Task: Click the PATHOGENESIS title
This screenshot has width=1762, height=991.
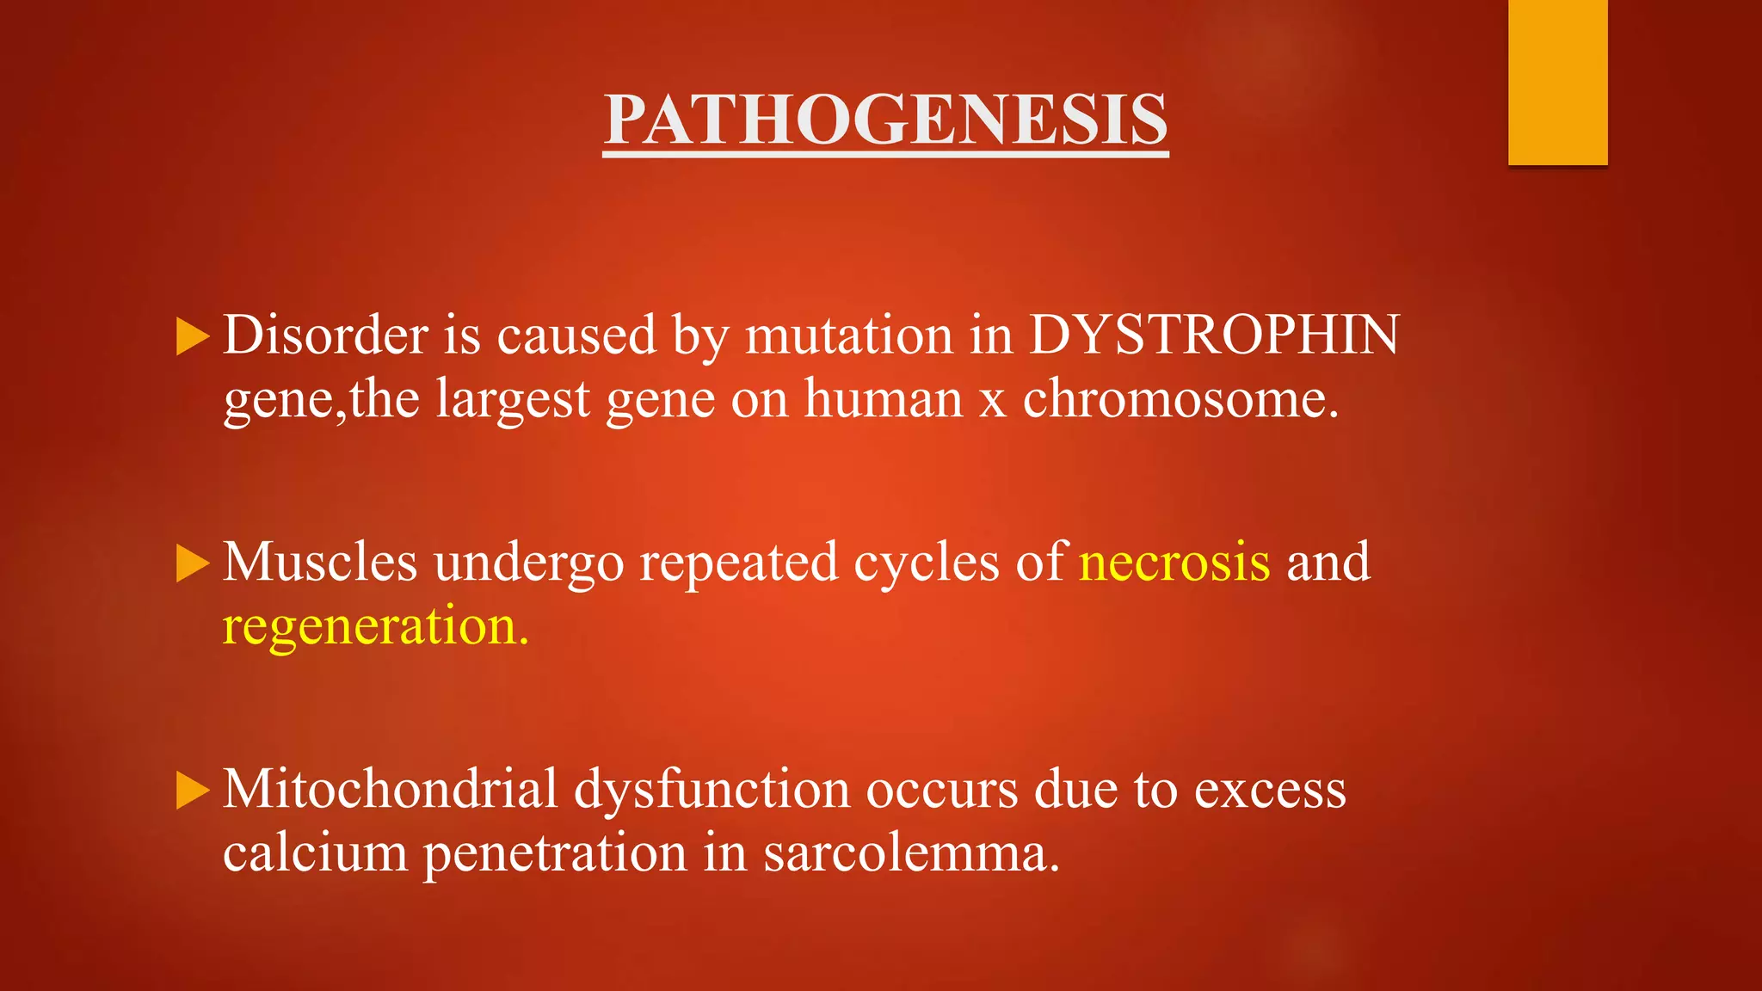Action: pos(885,120)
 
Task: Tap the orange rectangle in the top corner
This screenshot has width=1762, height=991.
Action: pos(1557,82)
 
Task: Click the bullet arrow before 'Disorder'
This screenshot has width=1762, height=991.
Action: pos(192,335)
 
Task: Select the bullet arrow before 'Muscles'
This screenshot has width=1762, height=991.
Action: pos(192,563)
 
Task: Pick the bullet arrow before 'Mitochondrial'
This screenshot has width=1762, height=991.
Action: pos(192,791)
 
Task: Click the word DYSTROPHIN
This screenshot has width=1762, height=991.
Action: pos(1214,335)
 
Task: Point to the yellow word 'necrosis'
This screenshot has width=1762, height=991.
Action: pos(1174,562)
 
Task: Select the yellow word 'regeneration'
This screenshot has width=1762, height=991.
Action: pos(374,626)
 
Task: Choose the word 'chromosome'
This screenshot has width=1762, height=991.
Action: pos(1180,399)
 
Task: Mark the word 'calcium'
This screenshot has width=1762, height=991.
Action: pos(315,853)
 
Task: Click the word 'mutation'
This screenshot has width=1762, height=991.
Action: pos(848,335)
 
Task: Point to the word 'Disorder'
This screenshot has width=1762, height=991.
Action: pos(325,335)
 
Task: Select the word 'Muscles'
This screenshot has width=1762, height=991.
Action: pos(320,562)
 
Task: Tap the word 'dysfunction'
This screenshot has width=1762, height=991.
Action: pos(712,789)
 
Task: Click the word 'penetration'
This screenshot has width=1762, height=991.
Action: pos(555,853)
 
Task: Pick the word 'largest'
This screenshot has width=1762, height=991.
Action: pos(513,399)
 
